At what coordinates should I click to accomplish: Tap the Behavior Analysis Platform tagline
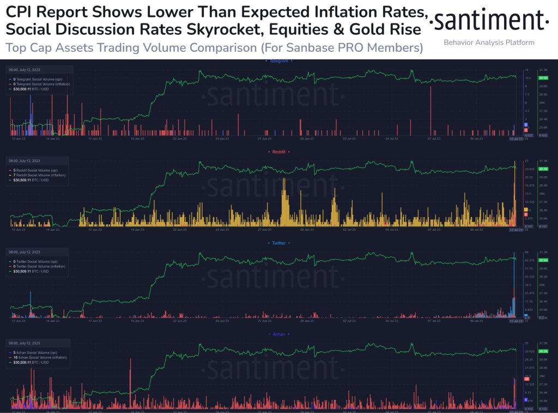tap(489, 43)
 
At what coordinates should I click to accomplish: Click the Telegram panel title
tap(279, 61)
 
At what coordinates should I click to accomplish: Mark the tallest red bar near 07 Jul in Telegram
tap(430, 109)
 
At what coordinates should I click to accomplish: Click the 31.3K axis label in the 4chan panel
tap(543, 343)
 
